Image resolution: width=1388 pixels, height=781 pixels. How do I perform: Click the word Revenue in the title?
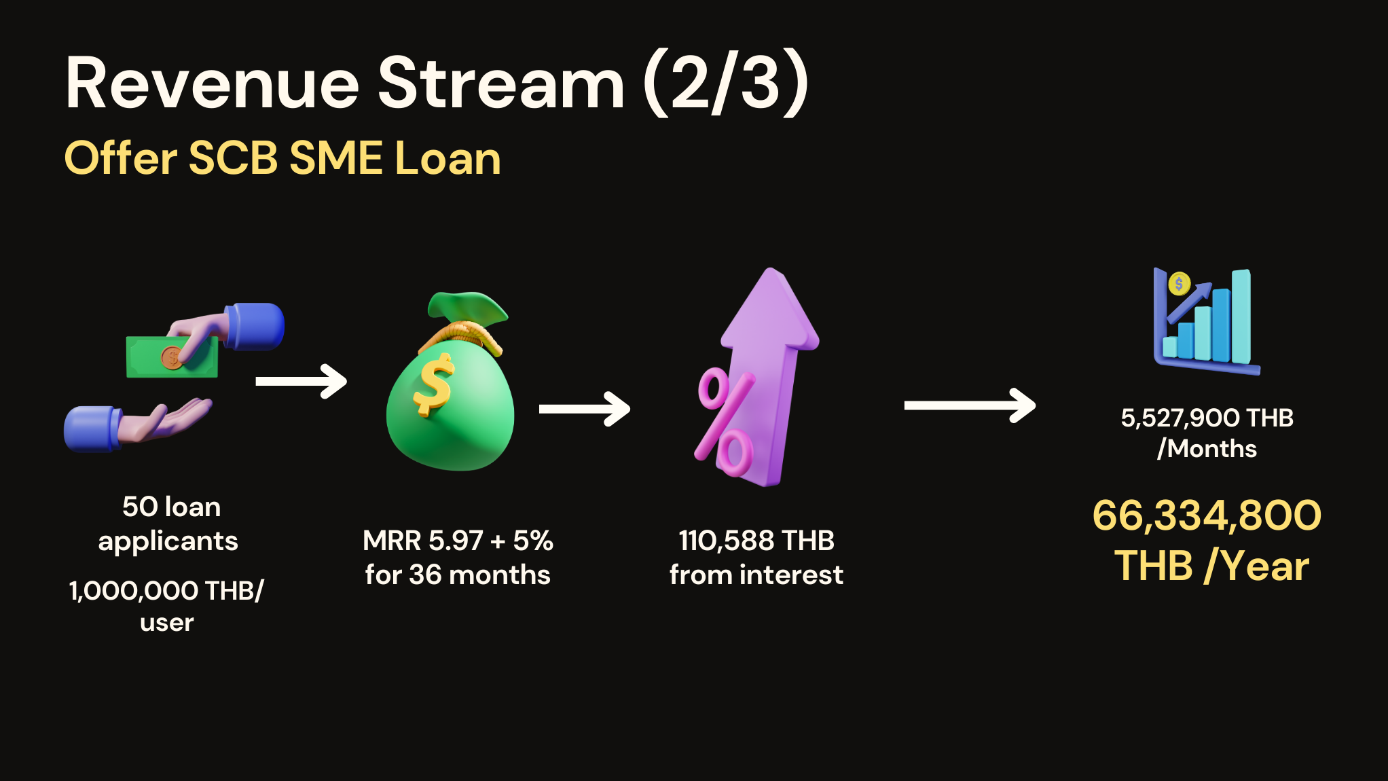pos(213,84)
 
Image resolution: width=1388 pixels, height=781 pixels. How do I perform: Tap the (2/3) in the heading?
pos(725,83)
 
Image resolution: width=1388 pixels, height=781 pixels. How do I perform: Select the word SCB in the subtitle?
pos(233,158)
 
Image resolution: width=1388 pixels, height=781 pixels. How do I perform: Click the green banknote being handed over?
pos(172,357)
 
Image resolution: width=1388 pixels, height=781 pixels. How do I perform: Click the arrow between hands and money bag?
pos(301,382)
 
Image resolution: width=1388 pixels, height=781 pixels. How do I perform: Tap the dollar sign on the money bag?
pos(433,385)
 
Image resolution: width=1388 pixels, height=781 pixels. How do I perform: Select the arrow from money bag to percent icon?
pos(585,409)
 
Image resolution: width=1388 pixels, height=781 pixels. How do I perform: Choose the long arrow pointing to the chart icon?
pos(970,405)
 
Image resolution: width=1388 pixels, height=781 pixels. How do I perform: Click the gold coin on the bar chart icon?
pos(1179,284)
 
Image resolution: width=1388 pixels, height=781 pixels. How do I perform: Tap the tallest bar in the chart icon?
pos(1241,316)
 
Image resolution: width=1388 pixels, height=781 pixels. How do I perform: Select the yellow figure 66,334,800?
pos(1207,515)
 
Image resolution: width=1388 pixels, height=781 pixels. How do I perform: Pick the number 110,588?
pos(727,541)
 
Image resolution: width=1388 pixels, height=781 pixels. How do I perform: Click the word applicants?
pos(168,542)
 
